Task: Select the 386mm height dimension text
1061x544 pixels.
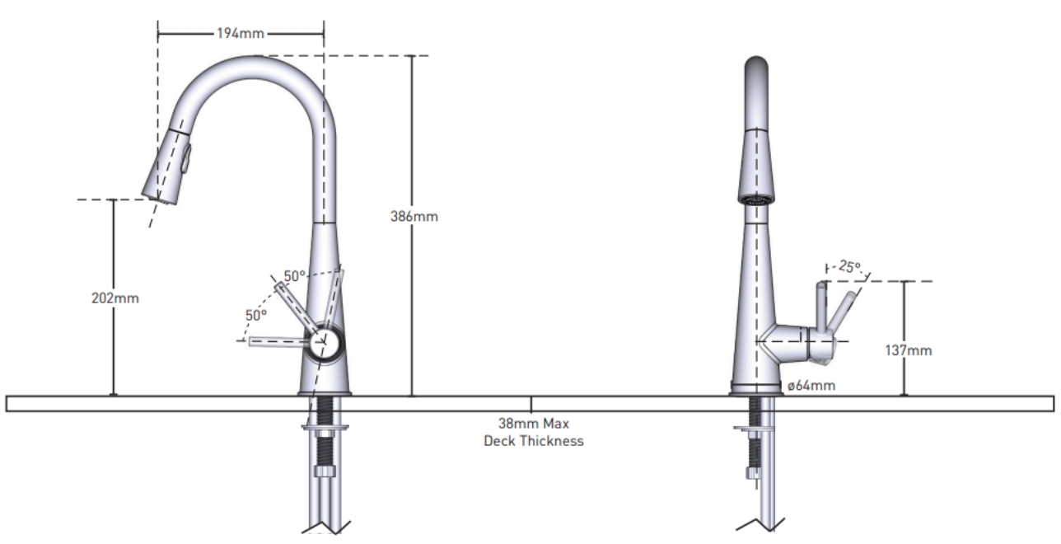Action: point(415,218)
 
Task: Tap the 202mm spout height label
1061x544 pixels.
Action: point(115,298)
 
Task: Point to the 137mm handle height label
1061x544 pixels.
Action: point(909,350)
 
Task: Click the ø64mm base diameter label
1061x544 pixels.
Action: point(812,385)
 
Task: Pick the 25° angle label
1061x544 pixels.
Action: point(849,267)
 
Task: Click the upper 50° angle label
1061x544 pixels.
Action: point(295,275)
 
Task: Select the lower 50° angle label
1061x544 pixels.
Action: point(255,315)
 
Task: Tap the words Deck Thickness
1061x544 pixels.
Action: point(533,441)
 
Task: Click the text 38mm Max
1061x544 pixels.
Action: point(533,424)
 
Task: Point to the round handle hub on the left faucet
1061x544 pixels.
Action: point(324,341)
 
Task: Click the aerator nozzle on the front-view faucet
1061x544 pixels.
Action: point(755,199)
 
